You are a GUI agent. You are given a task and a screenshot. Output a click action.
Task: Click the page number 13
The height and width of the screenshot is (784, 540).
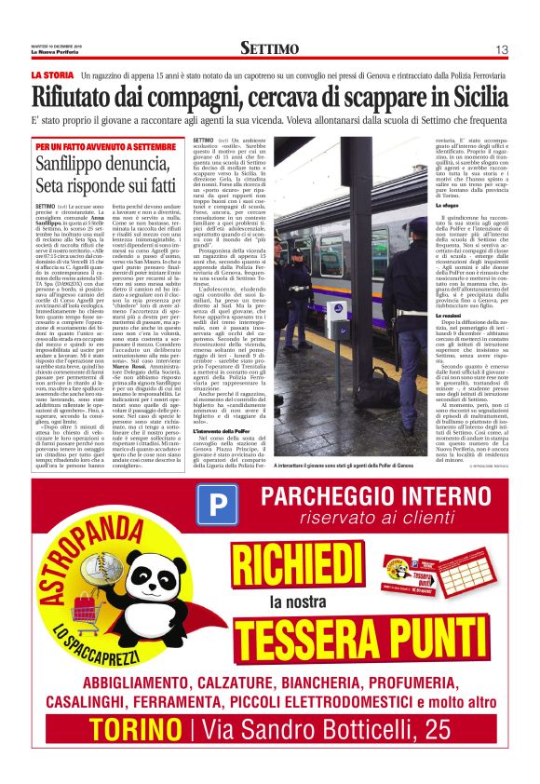point(500,48)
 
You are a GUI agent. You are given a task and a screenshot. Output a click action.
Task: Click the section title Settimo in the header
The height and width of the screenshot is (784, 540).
point(269,48)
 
